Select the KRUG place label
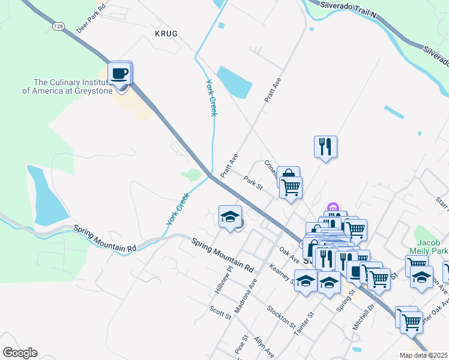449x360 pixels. [166, 34]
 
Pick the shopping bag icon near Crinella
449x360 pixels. [288, 176]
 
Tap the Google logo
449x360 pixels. [20, 353]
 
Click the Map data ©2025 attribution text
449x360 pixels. [423, 355]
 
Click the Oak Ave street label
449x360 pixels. [289, 254]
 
